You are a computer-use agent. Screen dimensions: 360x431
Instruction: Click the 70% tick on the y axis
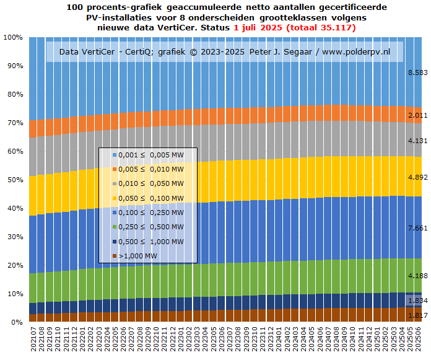(x=14, y=123)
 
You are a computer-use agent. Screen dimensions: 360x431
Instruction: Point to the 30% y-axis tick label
(x=14, y=237)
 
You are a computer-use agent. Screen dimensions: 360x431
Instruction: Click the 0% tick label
(x=16, y=322)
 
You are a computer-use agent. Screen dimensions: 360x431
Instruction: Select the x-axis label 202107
(x=33, y=341)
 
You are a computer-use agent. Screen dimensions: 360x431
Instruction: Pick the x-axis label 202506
(x=419, y=341)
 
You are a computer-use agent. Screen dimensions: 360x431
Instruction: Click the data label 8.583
(x=418, y=73)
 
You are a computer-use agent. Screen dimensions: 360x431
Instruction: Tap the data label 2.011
(x=418, y=116)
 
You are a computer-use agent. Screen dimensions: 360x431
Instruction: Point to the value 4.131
(x=418, y=141)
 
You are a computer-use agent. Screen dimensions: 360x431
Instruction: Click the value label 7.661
(x=418, y=228)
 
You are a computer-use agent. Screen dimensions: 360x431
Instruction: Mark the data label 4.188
(x=418, y=275)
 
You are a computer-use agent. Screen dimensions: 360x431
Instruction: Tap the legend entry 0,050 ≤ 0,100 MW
(x=151, y=198)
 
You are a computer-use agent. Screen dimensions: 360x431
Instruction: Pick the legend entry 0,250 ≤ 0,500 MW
(x=151, y=227)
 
